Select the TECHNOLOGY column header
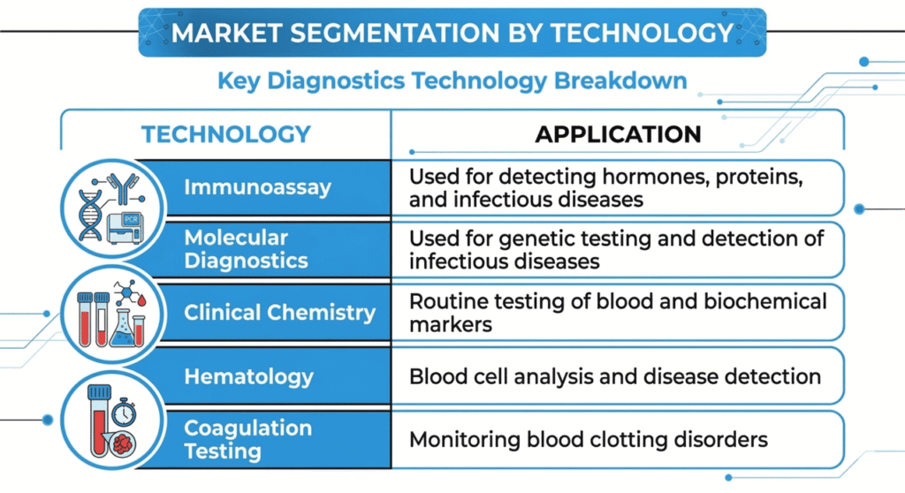tap(226, 134)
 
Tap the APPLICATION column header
tap(618, 134)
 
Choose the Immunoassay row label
tap(257, 187)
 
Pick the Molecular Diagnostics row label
tap(246, 249)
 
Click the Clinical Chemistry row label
tap(279, 313)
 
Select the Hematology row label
tap(248, 376)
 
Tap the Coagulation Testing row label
tap(247, 439)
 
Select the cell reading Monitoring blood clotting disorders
tap(588, 439)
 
